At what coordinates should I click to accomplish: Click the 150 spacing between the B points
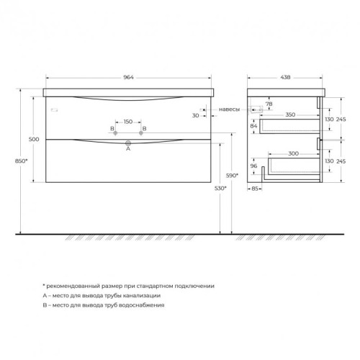click(129, 122)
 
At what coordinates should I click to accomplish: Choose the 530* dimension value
click(220, 188)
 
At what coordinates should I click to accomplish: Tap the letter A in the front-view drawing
click(128, 149)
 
